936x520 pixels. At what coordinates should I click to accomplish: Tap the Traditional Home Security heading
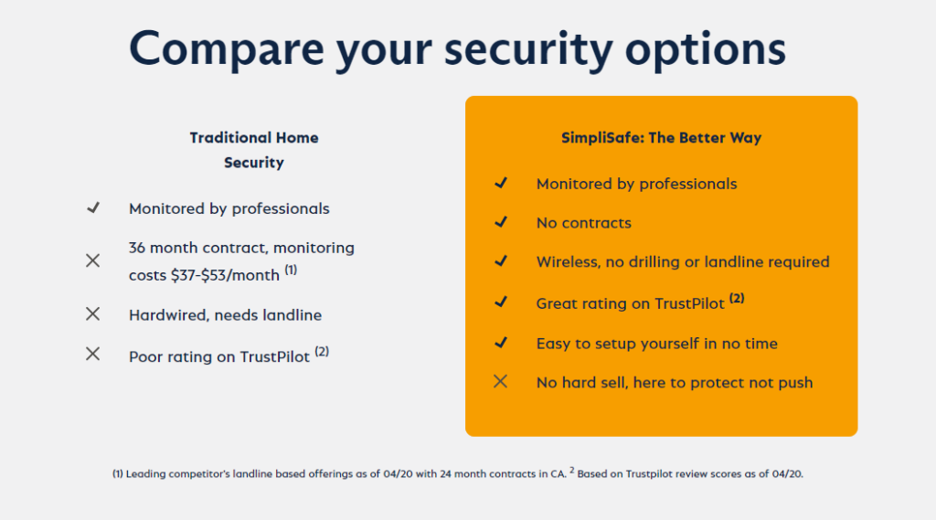click(254, 150)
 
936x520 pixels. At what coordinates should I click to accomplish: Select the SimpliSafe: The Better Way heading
click(661, 138)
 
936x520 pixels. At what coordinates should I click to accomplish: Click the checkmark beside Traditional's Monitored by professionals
click(92, 208)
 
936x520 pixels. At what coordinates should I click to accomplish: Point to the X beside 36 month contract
click(92, 260)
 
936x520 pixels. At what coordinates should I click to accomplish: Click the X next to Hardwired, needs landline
click(92, 314)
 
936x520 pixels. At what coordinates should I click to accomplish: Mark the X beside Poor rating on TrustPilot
click(92, 354)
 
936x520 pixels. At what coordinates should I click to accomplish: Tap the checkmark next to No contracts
click(500, 222)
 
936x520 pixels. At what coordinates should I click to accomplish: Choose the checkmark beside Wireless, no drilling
click(500, 261)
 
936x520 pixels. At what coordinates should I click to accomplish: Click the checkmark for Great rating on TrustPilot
click(500, 301)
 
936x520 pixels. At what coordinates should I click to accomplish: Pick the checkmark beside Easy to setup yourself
click(500, 343)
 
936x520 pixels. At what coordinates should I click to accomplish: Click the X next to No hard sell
click(500, 382)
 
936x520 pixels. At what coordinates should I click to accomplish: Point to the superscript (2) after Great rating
click(737, 298)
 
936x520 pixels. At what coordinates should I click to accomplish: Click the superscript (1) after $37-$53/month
click(291, 270)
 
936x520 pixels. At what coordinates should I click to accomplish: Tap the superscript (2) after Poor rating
click(322, 351)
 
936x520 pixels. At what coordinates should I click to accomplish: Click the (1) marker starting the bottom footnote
click(118, 474)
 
